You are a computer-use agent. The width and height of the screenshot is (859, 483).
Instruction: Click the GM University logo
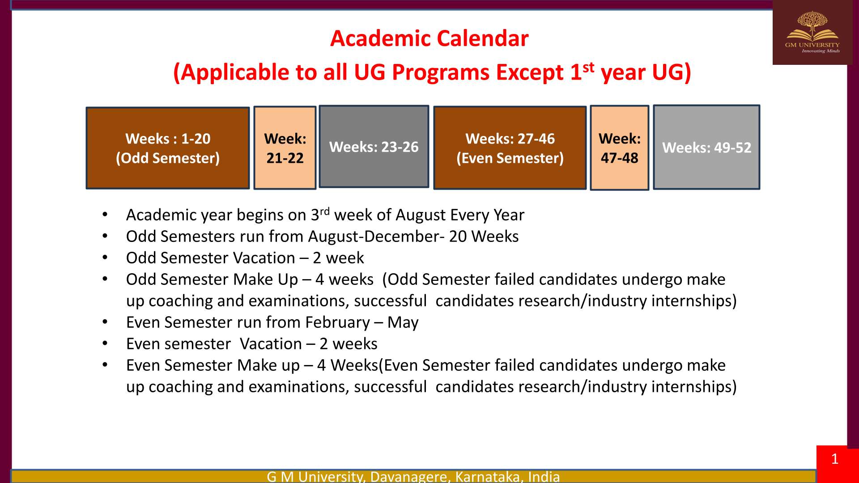812,32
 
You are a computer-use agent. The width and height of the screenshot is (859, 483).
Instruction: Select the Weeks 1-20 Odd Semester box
168,148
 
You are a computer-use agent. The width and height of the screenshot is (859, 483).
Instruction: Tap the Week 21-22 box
285,148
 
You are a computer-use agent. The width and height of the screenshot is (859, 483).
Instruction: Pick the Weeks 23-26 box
374,147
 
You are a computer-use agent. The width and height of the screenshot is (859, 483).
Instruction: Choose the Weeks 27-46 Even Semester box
510,148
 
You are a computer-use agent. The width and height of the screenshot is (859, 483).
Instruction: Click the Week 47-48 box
620,148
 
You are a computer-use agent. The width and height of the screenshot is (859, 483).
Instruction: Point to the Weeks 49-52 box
707,148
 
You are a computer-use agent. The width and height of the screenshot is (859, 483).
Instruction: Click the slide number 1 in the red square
835,459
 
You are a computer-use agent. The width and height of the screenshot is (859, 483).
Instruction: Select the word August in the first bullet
421,216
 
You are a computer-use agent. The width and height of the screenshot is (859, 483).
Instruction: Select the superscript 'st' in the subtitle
588,68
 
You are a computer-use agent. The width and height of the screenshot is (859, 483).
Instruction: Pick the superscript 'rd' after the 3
325,211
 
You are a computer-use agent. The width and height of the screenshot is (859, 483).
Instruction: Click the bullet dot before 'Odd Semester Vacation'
105,258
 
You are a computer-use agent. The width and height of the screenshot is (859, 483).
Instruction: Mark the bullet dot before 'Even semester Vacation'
105,343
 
